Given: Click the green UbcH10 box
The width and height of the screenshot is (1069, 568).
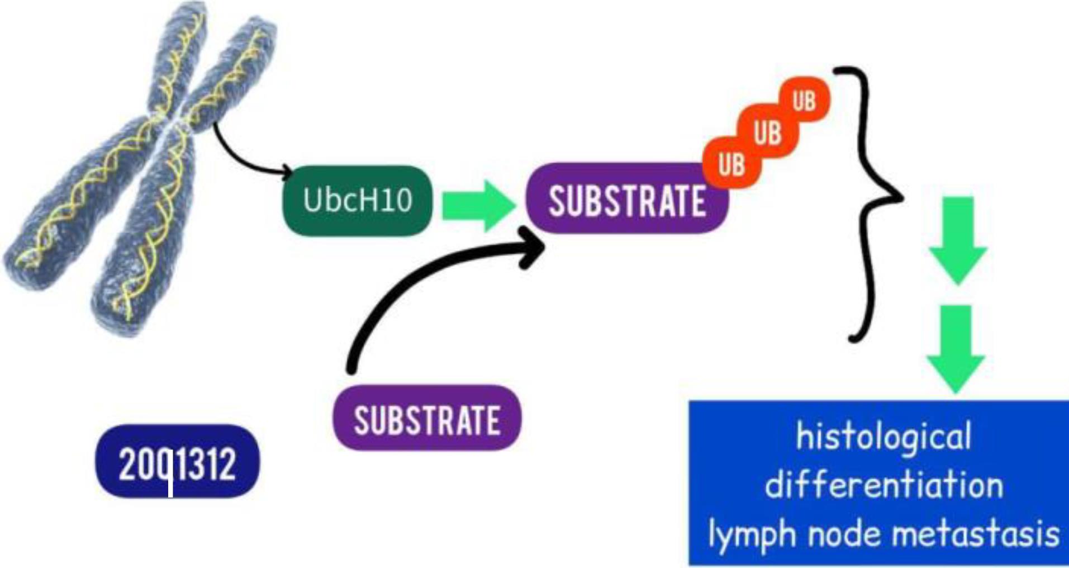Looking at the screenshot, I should [358, 200].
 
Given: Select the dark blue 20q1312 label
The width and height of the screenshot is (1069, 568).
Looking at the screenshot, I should [177, 462].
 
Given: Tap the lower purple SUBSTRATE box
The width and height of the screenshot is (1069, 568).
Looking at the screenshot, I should [427, 419].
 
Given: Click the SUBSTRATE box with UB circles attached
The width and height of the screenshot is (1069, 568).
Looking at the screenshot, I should [626, 200].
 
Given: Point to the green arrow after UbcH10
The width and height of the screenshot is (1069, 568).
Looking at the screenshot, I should [478, 206].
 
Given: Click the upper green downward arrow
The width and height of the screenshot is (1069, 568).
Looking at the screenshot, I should [958, 240].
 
